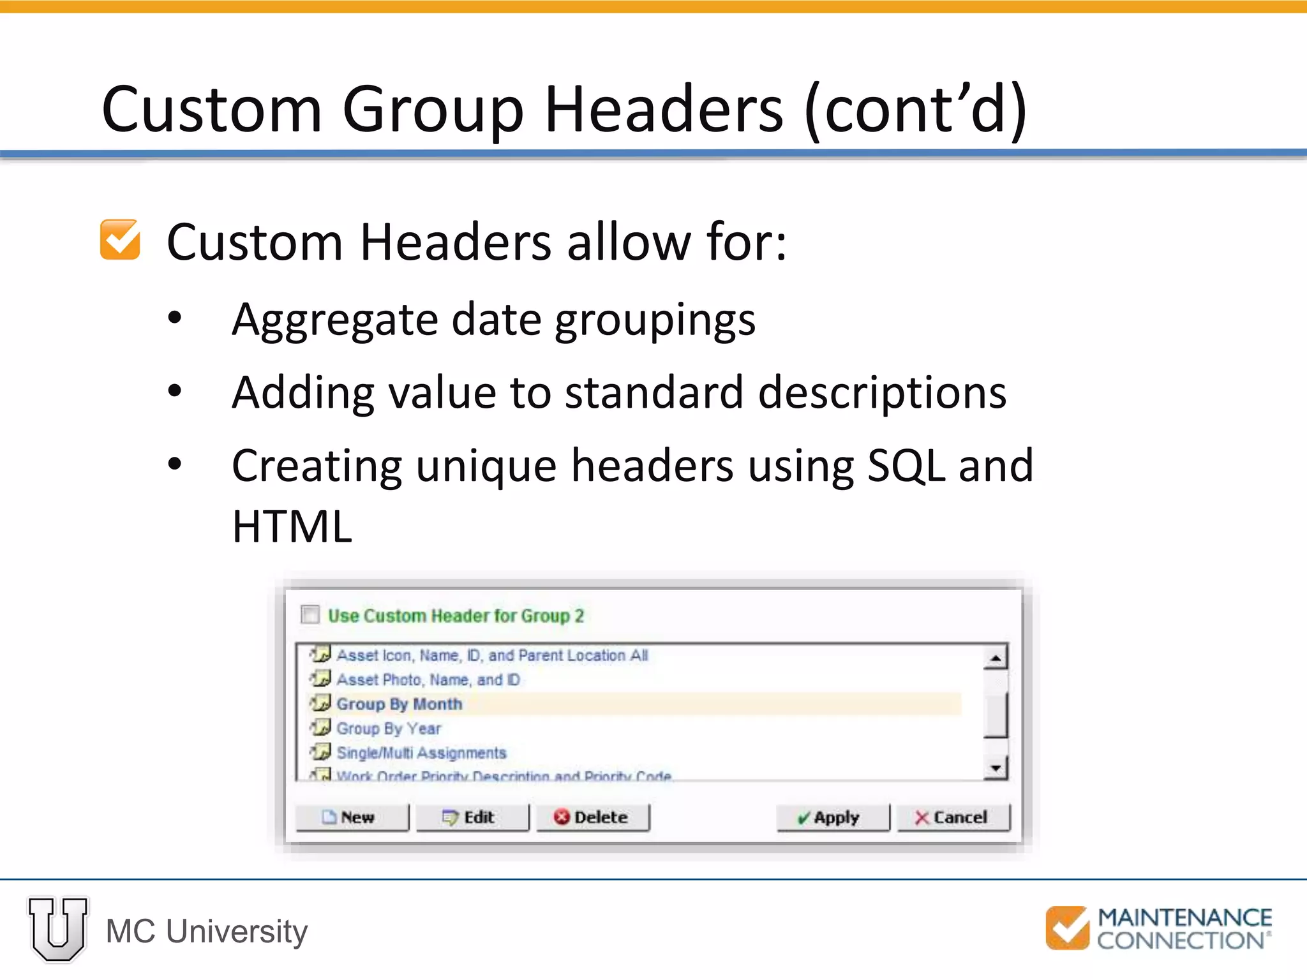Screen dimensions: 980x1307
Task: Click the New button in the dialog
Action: click(352, 817)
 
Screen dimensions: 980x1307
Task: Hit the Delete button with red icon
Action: click(592, 817)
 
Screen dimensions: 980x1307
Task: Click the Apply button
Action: click(832, 817)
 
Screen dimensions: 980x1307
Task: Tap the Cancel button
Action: click(953, 817)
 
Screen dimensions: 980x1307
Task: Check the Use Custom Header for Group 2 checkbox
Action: click(310, 614)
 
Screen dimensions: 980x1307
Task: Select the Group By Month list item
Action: click(399, 704)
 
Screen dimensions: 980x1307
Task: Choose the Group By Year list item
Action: click(389, 729)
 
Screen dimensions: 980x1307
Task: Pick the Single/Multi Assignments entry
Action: click(421, 753)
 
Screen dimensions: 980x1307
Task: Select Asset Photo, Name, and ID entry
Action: click(428, 680)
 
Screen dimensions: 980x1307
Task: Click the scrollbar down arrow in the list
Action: click(995, 768)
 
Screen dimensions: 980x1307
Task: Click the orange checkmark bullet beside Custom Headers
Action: click(120, 240)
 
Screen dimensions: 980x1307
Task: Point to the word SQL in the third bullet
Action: click(906, 466)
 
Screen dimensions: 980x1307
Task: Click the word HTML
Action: click(292, 527)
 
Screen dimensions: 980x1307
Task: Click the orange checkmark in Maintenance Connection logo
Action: click(1067, 928)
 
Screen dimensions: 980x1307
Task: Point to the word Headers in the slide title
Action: click(663, 110)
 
